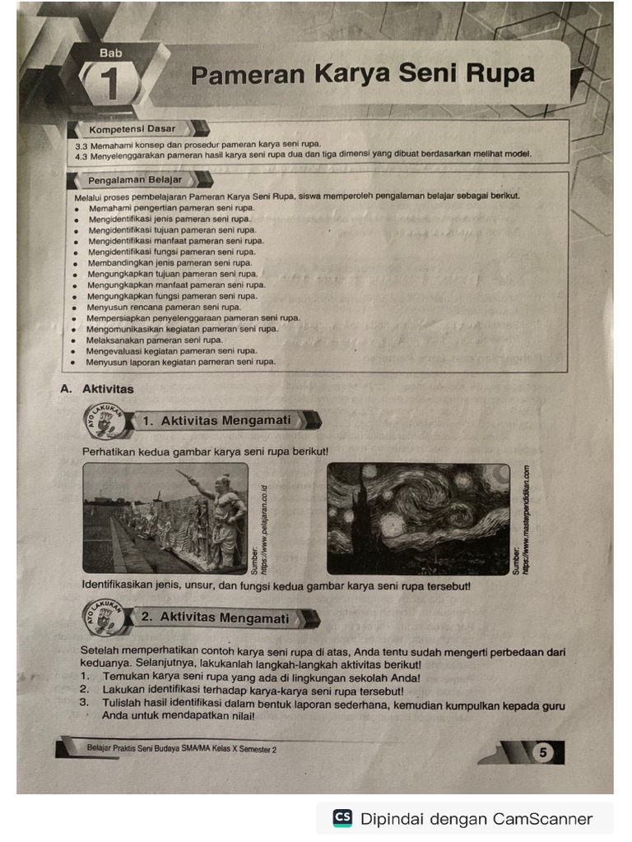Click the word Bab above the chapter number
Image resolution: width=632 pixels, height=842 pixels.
coord(110,53)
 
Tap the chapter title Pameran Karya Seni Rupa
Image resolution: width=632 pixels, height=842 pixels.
coord(362,75)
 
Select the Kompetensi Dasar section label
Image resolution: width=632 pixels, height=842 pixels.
coord(132,129)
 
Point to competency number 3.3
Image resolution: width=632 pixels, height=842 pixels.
coord(81,144)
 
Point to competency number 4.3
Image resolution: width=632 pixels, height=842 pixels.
coord(81,154)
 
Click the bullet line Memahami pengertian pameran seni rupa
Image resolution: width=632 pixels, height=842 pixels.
coord(171,208)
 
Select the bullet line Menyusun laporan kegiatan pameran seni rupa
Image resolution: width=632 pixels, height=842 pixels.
coord(181,361)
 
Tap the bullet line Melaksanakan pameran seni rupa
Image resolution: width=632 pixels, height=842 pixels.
coord(155,340)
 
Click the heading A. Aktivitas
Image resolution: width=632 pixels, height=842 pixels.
coord(97,389)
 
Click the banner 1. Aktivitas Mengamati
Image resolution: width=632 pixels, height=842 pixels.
coord(217,421)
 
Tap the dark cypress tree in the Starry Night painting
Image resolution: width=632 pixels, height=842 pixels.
coord(360,522)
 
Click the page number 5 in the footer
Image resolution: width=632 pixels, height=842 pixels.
coord(544,752)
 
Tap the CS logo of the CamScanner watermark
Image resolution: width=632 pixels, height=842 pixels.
coord(342,818)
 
